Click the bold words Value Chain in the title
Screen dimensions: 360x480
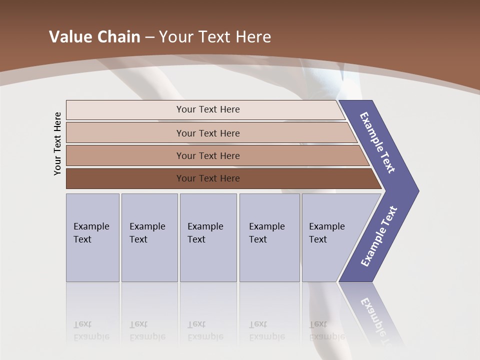[94, 36]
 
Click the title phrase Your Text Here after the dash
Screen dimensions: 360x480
[215, 36]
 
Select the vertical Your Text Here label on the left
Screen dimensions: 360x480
[57, 143]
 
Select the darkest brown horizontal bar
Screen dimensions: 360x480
[125, 178]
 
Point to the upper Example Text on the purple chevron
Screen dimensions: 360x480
[377, 142]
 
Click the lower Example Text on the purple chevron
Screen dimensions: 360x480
[378, 236]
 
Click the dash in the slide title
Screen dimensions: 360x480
[149, 37]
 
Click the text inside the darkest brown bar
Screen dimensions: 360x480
[208, 178]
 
